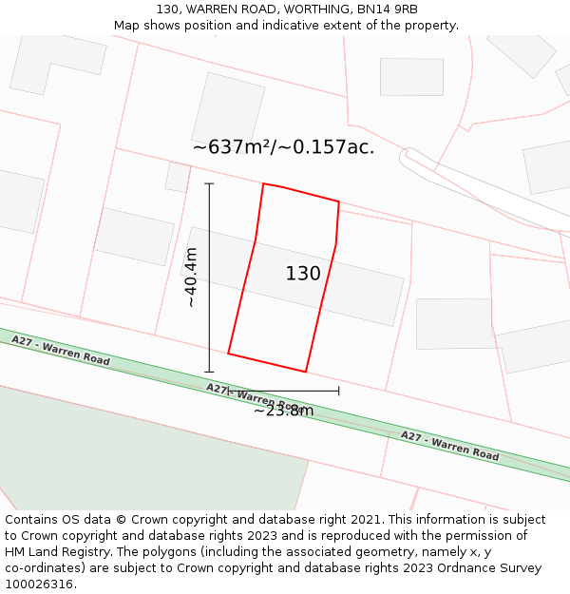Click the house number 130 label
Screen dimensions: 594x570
[303, 274]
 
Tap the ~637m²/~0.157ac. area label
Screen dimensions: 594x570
[283, 147]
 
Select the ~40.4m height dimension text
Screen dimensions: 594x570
[191, 278]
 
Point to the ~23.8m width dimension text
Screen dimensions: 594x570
[283, 411]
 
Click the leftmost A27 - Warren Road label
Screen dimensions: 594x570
[61, 351]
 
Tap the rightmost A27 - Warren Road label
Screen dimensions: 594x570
[449, 446]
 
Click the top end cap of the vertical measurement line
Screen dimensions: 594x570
[209, 183]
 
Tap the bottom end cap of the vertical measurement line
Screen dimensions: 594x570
[209, 372]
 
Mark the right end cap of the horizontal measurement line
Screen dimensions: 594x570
[339, 391]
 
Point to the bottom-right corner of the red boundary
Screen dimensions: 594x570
[306, 372]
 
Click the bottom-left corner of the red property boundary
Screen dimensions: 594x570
[228, 354]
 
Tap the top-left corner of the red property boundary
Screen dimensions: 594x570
[263, 183]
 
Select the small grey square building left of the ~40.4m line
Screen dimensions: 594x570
[178, 177]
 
